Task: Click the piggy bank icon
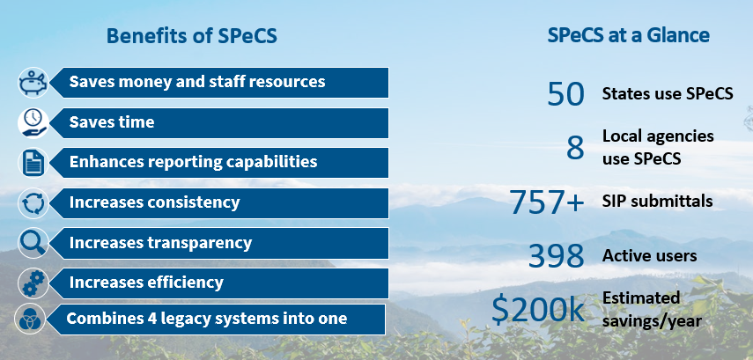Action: pos(33,83)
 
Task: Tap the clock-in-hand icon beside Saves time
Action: pos(33,123)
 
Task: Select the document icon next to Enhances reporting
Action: pos(33,163)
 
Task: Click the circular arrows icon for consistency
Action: pos(33,203)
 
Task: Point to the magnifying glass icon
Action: pos(33,243)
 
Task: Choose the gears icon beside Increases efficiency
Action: pos(33,283)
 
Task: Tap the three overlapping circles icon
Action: pos(30,320)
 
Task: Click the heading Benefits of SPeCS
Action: pos(192,36)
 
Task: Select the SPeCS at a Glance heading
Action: pos(628,35)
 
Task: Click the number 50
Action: pos(565,94)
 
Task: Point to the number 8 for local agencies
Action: pos(575,148)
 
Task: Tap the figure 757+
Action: pos(547,202)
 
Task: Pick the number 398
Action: pos(556,255)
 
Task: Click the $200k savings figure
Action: pos(538,310)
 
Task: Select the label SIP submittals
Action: pos(657,202)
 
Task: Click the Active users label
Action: pos(649,256)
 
